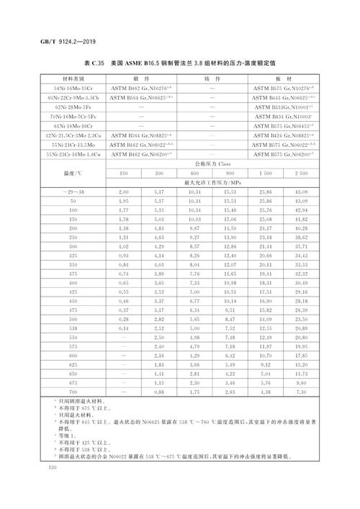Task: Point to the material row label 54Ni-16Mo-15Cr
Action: [x=66, y=87]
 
